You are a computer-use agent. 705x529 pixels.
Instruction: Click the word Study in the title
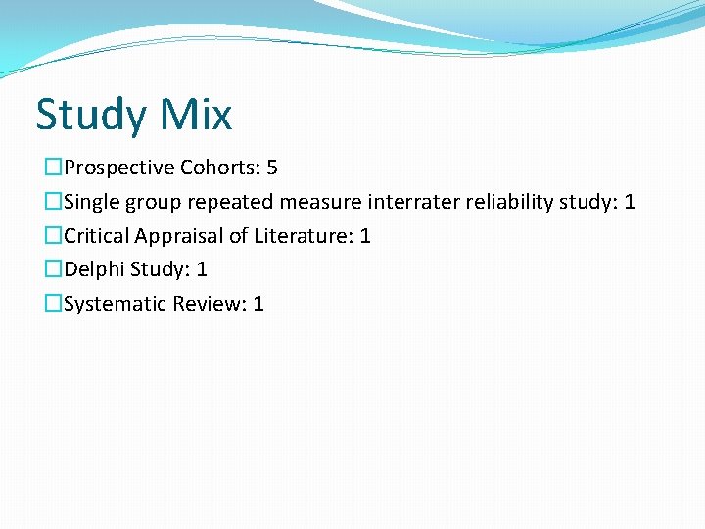pyautogui.click(x=89, y=116)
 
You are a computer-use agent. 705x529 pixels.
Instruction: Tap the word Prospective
pyautogui.click(x=119, y=168)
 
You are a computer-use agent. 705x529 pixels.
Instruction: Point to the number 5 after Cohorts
pyautogui.click(x=272, y=168)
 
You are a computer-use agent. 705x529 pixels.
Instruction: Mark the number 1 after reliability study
pyautogui.click(x=630, y=202)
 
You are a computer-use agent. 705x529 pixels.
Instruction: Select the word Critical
pyautogui.click(x=99, y=236)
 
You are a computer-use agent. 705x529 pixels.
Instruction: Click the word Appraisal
pyautogui.click(x=180, y=236)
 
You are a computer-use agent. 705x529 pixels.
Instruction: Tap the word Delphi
pyautogui.click(x=96, y=269)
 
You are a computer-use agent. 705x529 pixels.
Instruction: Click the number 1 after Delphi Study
pyautogui.click(x=202, y=269)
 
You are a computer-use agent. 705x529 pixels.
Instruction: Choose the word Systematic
pyautogui.click(x=116, y=304)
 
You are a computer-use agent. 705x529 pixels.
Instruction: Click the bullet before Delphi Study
pyautogui.click(x=53, y=269)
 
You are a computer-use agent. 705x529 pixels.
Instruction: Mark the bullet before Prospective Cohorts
pyautogui.click(x=53, y=168)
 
